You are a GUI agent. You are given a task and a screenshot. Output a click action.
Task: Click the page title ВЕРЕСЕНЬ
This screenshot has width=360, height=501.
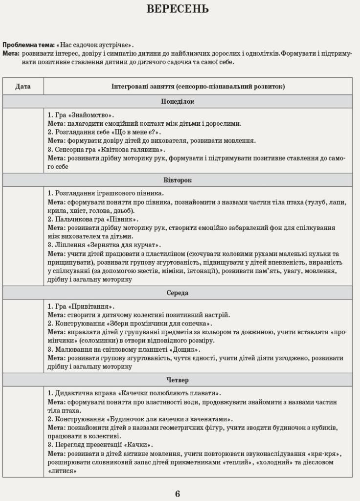click(x=178, y=9)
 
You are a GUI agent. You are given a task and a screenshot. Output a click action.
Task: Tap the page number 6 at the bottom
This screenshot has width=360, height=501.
click(x=178, y=493)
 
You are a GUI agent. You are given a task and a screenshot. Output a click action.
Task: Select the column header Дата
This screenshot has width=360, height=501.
click(x=23, y=86)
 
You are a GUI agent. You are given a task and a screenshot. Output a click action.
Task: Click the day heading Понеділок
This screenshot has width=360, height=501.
click(x=178, y=101)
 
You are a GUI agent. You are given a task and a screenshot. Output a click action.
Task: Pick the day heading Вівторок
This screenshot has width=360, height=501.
click(x=178, y=180)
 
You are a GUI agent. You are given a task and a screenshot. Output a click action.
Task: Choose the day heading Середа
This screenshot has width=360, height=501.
click(x=178, y=293)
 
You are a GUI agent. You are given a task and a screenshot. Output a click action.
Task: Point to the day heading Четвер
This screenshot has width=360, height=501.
click(x=178, y=380)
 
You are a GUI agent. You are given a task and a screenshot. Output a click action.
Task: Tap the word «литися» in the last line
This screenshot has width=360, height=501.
click(x=63, y=470)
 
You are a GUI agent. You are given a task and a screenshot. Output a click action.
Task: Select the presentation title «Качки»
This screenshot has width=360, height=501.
click(x=138, y=445)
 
